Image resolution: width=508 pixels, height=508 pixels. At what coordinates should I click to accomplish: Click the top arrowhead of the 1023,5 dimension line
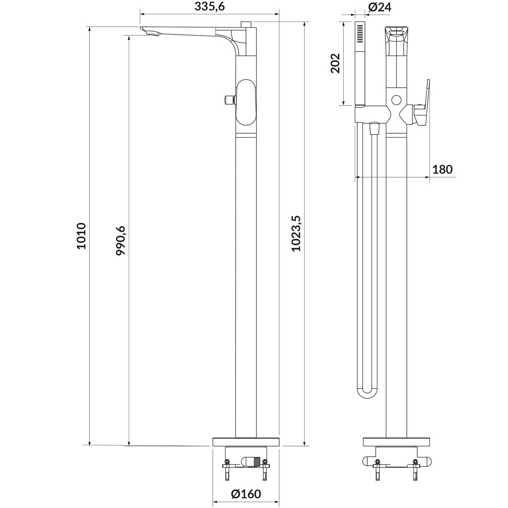click(304, 25)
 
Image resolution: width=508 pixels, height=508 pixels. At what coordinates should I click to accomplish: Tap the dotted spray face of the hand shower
click(360, 33)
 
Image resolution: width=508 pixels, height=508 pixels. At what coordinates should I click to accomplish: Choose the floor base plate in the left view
click(246, 441)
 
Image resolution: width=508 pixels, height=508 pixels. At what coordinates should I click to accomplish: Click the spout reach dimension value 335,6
click(210, 6)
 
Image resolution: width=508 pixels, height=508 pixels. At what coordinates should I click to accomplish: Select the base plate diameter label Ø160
click(246, 494)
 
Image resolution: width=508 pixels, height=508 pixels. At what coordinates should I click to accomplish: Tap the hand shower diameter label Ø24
click(380, 7)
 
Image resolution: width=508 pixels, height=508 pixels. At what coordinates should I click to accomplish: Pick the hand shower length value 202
click(335, 63)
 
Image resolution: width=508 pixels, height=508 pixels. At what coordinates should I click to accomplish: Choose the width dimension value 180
click(442, 170)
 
